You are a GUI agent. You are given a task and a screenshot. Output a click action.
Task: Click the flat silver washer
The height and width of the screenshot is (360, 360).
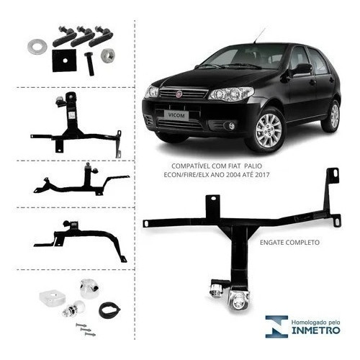click(37, 46)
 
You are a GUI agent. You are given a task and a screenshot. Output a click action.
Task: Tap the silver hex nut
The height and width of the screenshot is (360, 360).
click(107, 56)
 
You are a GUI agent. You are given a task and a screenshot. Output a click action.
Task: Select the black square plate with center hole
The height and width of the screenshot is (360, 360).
click(64, 60)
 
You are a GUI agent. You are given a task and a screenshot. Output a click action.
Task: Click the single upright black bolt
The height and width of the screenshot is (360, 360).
click(89, 63)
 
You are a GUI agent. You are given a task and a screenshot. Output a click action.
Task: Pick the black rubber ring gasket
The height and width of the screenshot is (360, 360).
click(109, 310)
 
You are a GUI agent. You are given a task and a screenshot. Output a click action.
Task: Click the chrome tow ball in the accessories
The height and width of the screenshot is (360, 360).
click(71, 310)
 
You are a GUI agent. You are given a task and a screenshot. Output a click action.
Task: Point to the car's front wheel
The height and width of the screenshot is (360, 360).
click(268, 130)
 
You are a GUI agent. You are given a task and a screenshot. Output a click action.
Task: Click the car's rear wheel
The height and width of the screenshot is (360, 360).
click(333, 116)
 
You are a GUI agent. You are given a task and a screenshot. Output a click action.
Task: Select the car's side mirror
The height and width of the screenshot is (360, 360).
click(303, 69)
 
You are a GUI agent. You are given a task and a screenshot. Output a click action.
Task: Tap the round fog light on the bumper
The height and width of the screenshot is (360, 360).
click(231, 125)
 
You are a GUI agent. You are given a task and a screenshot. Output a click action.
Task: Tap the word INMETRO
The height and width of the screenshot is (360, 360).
click(315, 330)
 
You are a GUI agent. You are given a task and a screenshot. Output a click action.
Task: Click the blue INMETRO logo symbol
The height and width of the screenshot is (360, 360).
click(276, 327)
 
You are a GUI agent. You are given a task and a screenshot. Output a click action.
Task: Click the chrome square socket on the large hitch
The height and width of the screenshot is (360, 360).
click(238, 300)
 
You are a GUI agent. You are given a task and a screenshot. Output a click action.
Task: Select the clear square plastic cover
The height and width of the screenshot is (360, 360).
click(53, 297)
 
